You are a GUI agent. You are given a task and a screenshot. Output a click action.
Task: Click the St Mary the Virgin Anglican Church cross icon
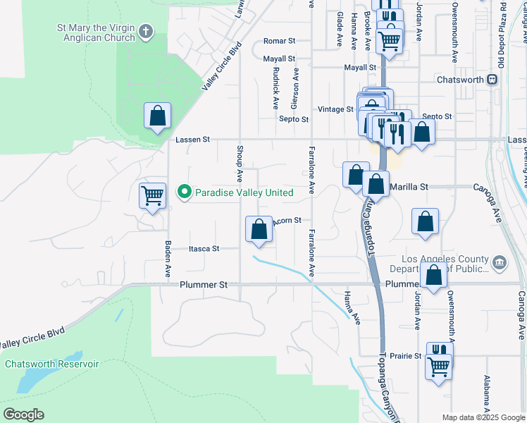coord(146,31)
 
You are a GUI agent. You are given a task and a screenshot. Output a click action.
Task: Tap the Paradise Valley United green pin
coord(185,192)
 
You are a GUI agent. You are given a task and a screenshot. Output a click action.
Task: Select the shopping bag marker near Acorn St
coord(259,228)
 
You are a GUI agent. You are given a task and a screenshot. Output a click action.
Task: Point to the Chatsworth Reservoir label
coord(52,364)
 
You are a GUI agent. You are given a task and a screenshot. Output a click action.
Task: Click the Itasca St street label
coord(204,249)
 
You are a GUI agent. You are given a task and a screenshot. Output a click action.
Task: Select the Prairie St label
coord(407,356)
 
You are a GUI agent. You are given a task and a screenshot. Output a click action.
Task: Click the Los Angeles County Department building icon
coord(500,263)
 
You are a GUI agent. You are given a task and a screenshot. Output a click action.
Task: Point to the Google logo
coord(23,415)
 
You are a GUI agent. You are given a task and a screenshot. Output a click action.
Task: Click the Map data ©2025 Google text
coord(483,417)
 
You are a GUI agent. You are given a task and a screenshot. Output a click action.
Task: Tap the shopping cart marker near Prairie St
coord(438,366)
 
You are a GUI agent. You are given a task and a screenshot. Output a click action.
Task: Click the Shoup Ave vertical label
coord(240,161)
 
